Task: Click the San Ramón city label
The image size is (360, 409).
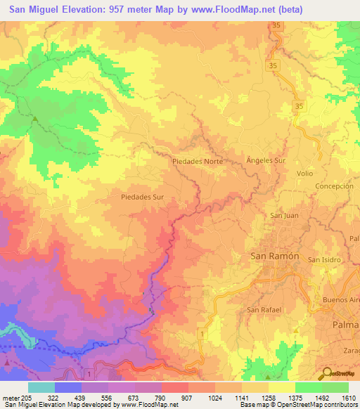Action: pyautogui.click(x=275, y=257)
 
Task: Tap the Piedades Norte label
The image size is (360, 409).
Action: pyautogui.click(x=198, y=161)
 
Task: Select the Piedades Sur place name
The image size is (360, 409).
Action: pyautogui.click(x=142, y=197)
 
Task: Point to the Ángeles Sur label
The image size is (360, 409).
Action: pyautogui.click(x=266, y=160)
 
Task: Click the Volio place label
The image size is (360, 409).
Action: pyautogui.click(x=305, y=173)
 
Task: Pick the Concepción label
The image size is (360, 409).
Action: pyautogui.click(x=334, y=186)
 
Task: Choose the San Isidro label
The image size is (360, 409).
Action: pyautogui.click(x=326, y=259)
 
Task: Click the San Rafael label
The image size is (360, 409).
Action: pyautogui.click(x=264, y=309)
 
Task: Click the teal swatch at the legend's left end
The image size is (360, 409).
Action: pyautogui.click(x=41, y=387)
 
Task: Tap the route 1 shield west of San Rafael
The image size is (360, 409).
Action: pyautogui.click(x=202, y=333)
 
